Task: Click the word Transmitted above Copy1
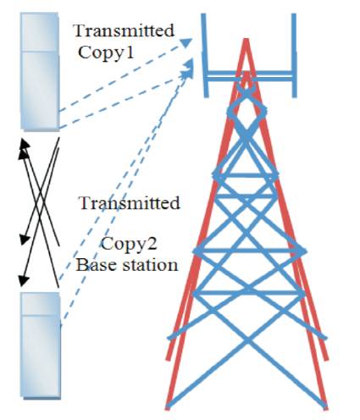click(124, 30)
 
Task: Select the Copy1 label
click(106, 52)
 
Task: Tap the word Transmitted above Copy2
click(130, 202)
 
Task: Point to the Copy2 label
click(129, 244)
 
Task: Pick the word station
click(146, 265)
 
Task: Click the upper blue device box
click(40, 72)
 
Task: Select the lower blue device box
click(41, 345)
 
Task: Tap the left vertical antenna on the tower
click(205, 55)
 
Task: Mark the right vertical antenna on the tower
click(294, 55)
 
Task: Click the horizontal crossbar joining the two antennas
click(250, 74)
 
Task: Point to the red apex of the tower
click(246, 40)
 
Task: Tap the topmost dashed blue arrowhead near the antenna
click(186, 42)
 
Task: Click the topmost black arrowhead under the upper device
click(25, 143)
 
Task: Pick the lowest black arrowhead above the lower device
click(23, 280)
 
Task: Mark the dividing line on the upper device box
click(40, 52)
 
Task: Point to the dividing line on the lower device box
click(41, 315)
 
